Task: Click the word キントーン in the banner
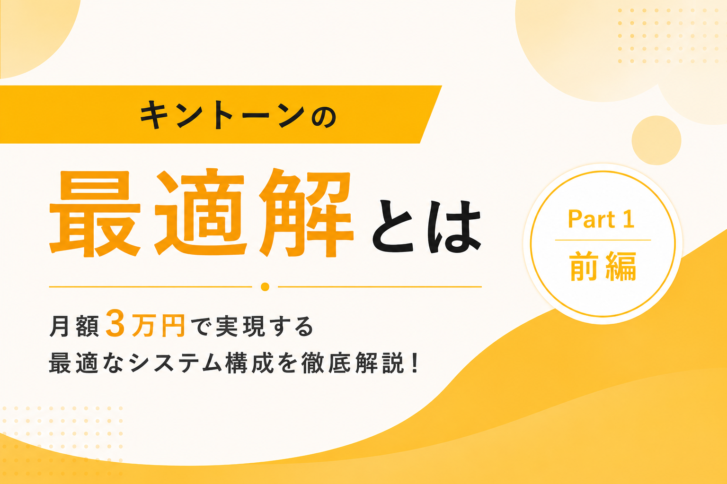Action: (222, 114)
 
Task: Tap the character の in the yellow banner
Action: (324, 117)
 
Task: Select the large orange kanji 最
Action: (95, 214)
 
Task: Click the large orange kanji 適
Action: (200, 213)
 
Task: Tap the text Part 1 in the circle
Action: (601, 219)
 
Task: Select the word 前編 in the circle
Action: (603, 267)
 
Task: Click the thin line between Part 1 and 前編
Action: (603, 240)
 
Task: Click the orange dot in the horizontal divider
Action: (265, 287)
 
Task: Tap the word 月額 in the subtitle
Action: (74, 326)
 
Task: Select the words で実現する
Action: (252, 326)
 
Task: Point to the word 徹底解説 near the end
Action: (353, 363)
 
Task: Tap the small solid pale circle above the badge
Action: (656, 140)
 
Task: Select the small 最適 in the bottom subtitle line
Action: (74, 363)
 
